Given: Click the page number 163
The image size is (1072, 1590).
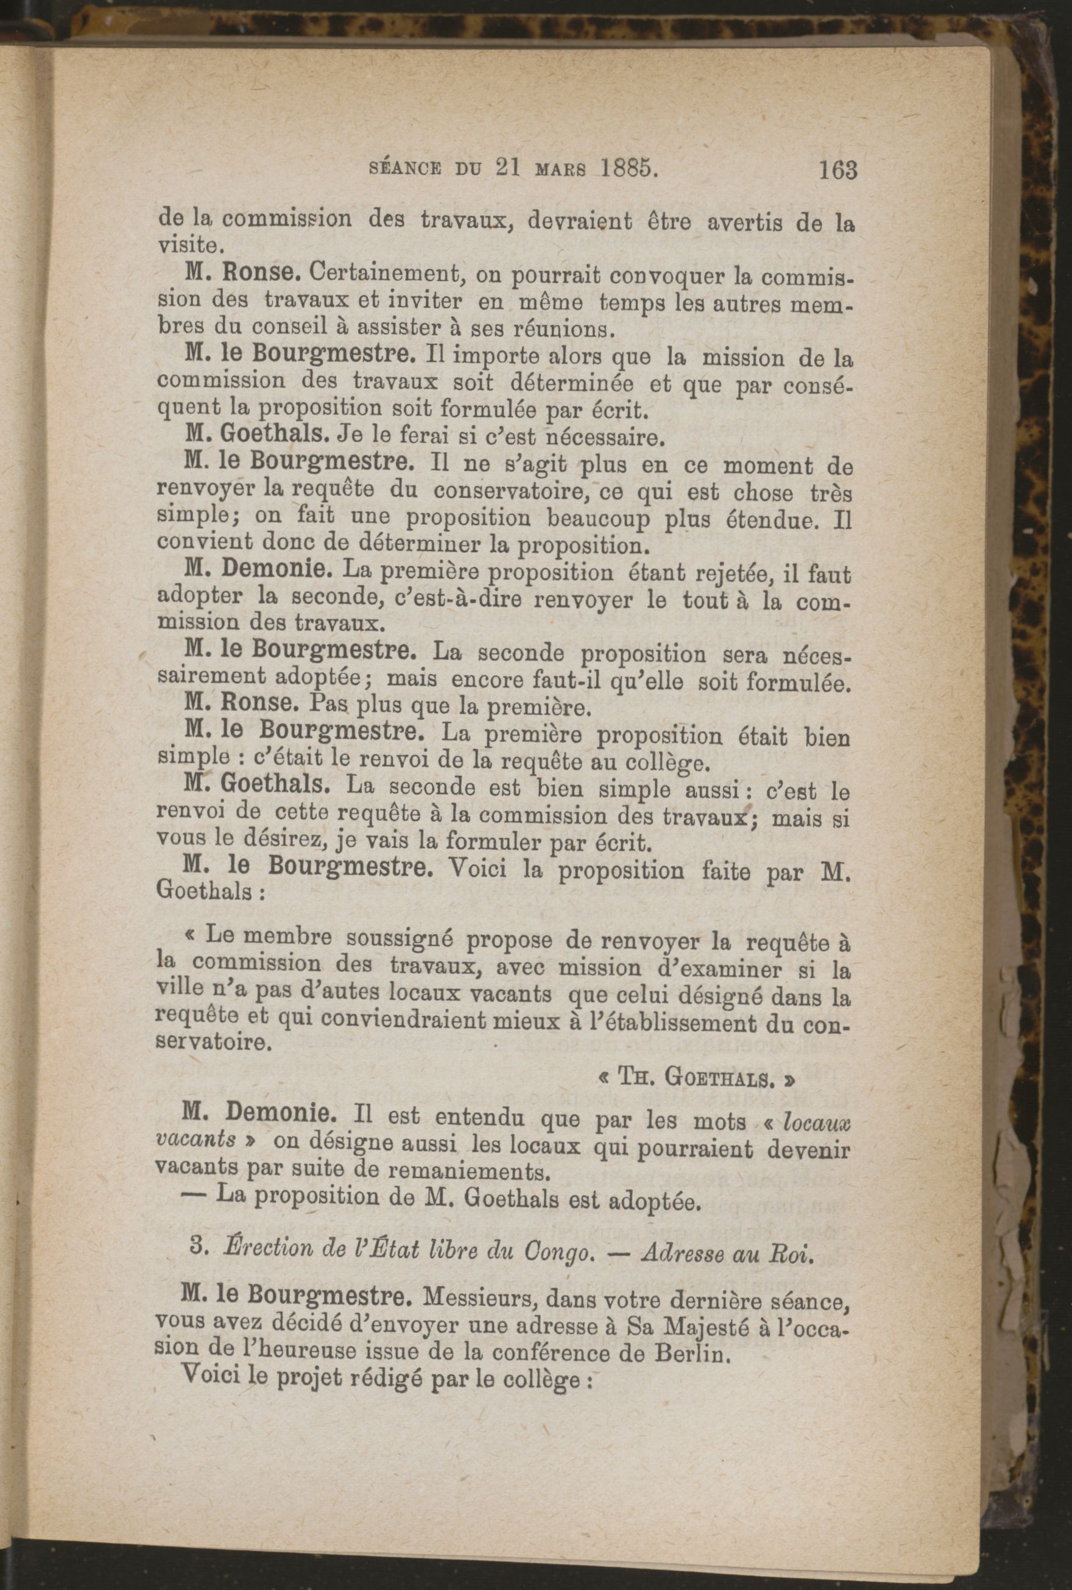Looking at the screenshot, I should [837, 169].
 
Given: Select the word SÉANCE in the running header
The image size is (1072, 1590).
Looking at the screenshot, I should [407, 169].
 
